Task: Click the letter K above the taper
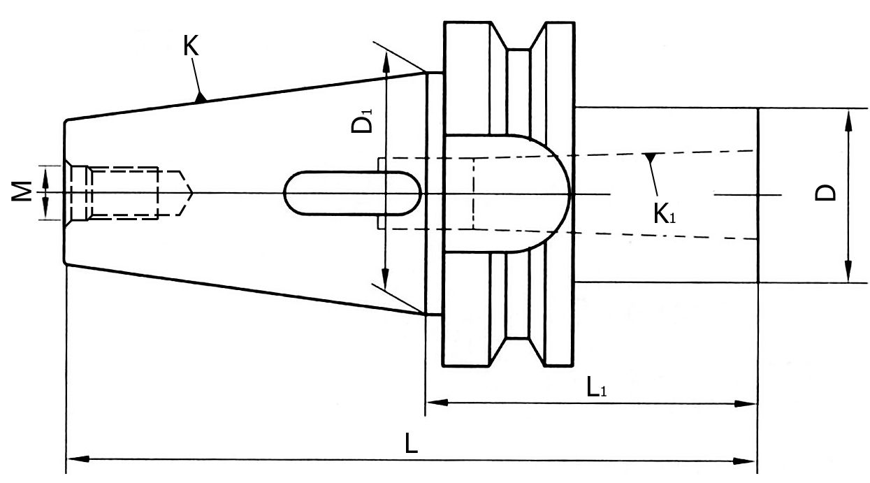(191, 46)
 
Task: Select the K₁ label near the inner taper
(665, 213)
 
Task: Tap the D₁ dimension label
(361, 121)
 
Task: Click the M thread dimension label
(22, 192)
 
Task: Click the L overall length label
(411, 443)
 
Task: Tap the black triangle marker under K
(201, 98)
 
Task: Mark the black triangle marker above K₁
(651, 158)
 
